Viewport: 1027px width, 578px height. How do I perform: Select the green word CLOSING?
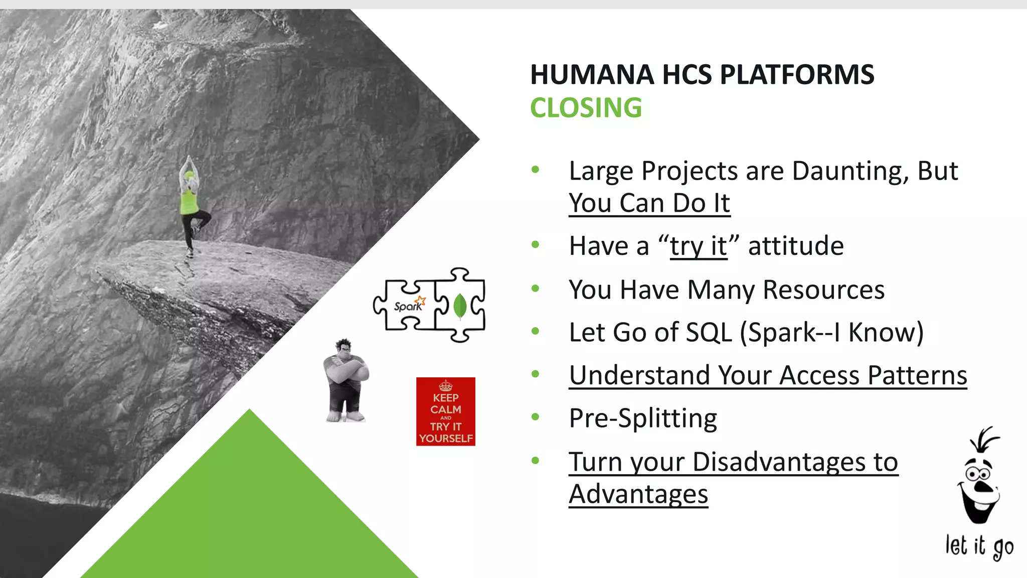(586, 108)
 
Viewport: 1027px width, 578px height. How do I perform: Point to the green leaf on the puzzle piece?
(460, 306)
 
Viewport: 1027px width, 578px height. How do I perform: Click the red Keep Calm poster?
(445, 411)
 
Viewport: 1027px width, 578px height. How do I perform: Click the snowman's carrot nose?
(983, 487)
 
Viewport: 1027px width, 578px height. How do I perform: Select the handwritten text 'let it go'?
(979, 546)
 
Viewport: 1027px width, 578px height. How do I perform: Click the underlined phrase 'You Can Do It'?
(649, 204)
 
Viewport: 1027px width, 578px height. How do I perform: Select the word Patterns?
(917, 375)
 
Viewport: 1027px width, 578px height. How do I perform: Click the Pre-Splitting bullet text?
(643, 418)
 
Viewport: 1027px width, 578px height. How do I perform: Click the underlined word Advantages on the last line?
(638, 495)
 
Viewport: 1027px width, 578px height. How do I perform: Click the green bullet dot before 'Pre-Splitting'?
(535, 417)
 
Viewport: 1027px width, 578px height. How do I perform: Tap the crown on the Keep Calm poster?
(445, 386)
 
